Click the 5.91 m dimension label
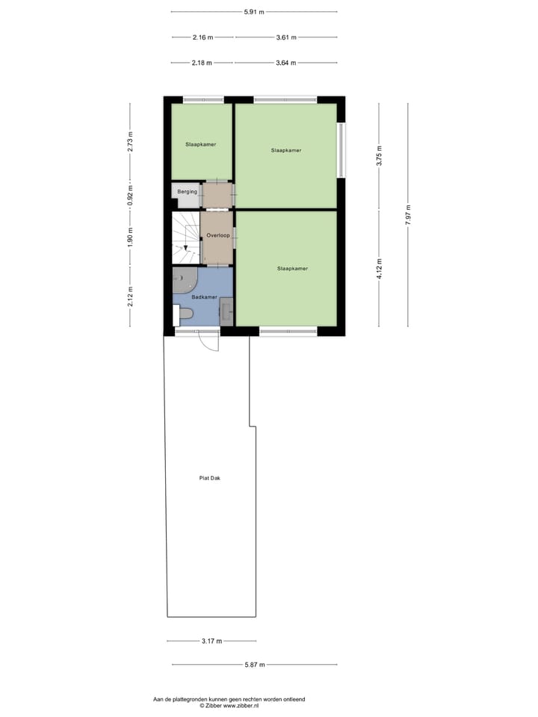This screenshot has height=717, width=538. (x=254, y=12)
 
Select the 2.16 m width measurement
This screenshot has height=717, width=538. (x=202, y=37)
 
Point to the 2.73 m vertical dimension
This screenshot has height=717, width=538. (x=130, y=142)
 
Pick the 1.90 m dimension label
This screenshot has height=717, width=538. (x=130, y=236)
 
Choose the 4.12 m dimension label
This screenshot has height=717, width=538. (x=379, y=267)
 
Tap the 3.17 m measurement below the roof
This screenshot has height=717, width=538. (x=212, y=641)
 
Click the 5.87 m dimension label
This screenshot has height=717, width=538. (x=255, y=665)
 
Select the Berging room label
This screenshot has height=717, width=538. (x=187, y=192)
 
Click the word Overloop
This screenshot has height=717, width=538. (x=217, y=235)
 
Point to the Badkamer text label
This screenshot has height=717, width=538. (x=204, y=297)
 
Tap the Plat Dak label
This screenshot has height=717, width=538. (x=210, y=478)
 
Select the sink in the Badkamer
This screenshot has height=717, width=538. (x=226, y=311)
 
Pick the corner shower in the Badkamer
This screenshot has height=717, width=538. (x=183, y=281)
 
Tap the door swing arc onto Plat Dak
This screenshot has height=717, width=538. (x=210, y=344)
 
